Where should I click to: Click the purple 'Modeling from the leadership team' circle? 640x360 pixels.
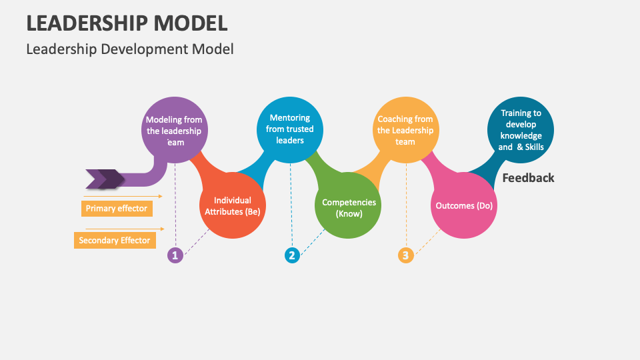pyautogui.click(x=174, y=131)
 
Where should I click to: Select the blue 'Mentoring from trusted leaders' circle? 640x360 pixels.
pyautogui.click(x=290, y=129)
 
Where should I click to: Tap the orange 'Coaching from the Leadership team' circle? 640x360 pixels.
pyautogui.click(x=405, y=130)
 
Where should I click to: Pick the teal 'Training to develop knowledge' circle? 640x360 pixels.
pyautogui.click(x=521, y=130)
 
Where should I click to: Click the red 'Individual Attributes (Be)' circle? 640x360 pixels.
pyautogui.click(x=233, y=205)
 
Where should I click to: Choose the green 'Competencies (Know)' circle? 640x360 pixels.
pyautogui.click(x=349, y=207)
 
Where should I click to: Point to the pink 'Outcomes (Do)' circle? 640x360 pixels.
pyautogui.click(x=464, y=205)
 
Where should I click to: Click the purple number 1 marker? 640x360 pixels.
pyautogui.click(x=175, y=255)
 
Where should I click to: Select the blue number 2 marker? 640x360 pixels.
pyautogui.click(x=291, y=255)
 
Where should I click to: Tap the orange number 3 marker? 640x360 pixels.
pyautogui.click(x=406, y=255)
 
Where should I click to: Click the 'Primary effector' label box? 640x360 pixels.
pyautogui.click(x=117, y=209)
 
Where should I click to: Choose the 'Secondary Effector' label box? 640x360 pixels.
pyautogui.click(x=115, y=240)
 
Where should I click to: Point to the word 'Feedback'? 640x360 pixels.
pyautogui.click(x=528, y=178)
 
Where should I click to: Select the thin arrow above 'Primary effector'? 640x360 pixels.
pyautogui.click(x=123, y=196)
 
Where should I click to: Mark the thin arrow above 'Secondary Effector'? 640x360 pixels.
pyautogui.click(x=123, y=229)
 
